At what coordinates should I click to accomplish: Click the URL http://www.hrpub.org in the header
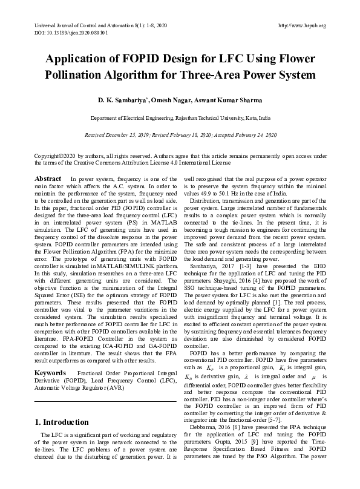301,25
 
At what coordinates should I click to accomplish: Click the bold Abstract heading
48,179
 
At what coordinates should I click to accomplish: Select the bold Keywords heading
50,373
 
